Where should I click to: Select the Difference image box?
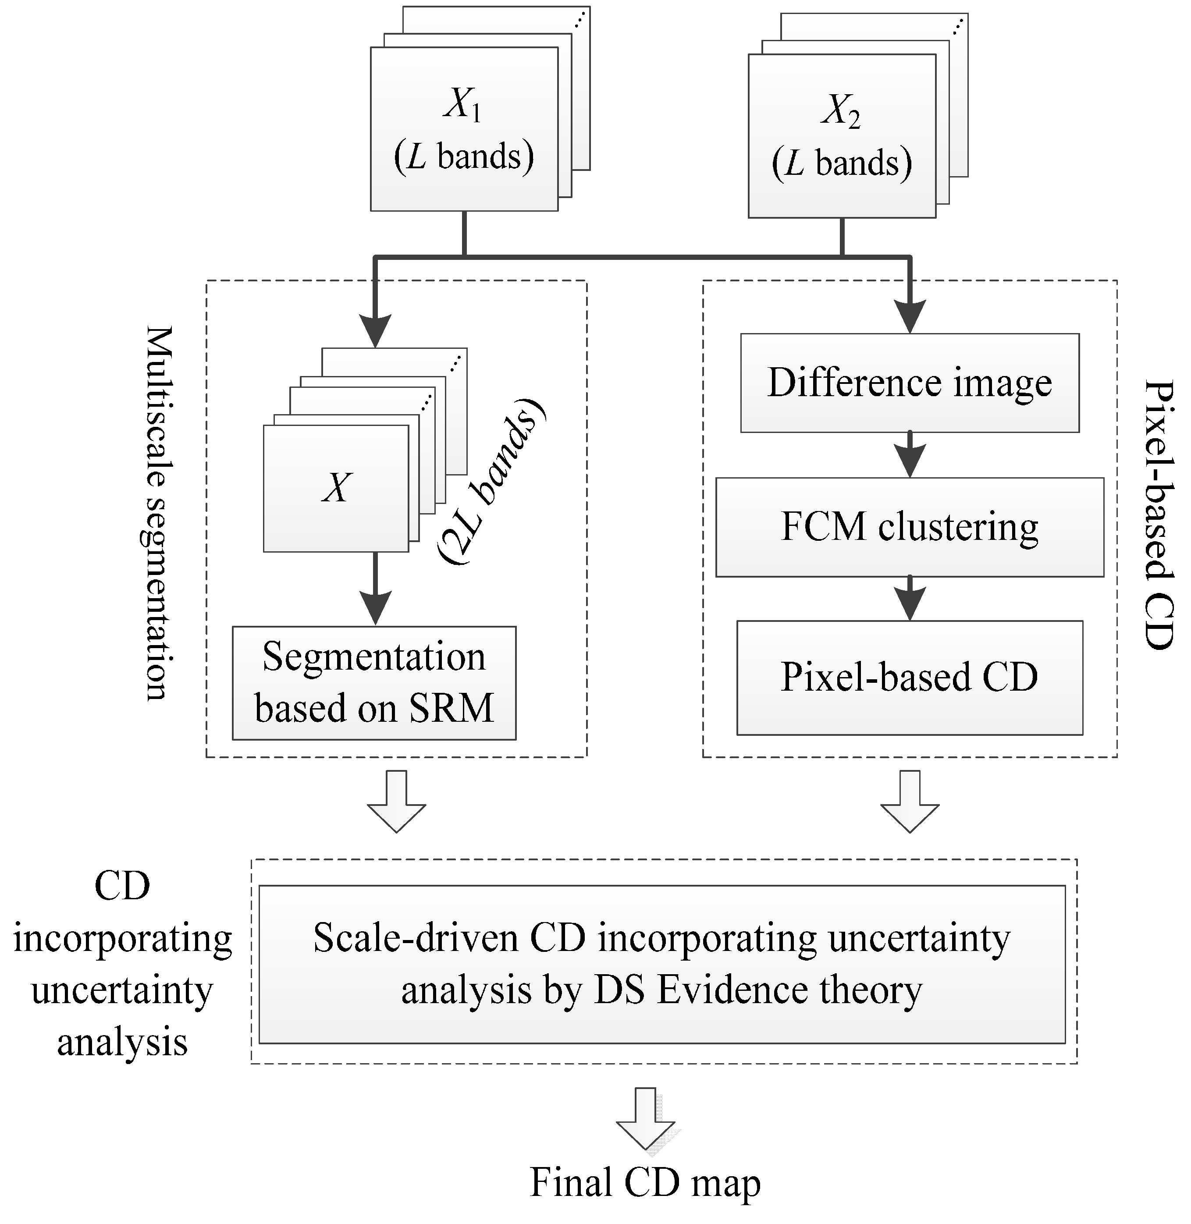(x=910, y=383)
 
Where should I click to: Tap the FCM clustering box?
(x=910, y=527)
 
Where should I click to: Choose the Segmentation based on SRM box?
(x=374, y=682)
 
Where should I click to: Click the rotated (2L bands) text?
(x=491, y=482)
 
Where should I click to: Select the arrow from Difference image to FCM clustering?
(x=910, y=455)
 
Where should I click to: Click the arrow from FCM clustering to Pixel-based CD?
(x=910, y=599)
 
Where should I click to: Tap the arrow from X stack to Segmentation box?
(x=375, y=589)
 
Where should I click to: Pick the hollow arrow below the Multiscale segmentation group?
(x=397, y=801)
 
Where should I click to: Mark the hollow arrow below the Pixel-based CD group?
(x=910, y=801)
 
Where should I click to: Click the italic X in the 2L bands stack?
(x=337, y=487)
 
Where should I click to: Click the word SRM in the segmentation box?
(x=451, y=708)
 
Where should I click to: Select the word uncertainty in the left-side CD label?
(x=122, y=990)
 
